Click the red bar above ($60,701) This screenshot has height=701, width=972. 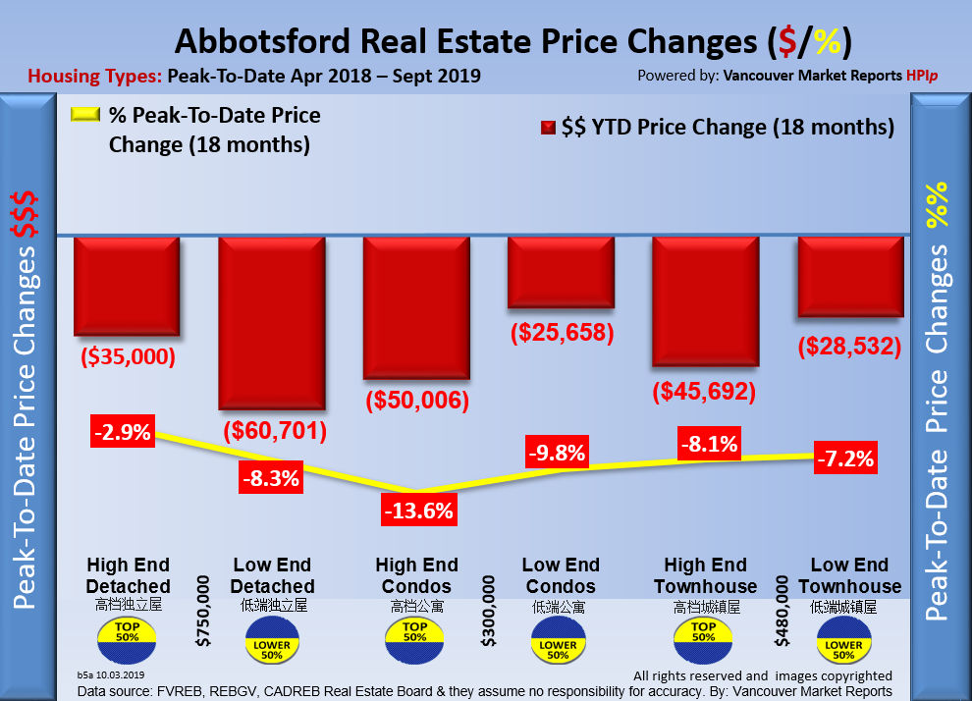271,322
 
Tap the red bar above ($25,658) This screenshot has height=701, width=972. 561,273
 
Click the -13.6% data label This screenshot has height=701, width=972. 416,510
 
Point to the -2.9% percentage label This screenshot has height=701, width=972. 123,432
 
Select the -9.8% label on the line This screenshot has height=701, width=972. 557,454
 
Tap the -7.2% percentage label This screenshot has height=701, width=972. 845,458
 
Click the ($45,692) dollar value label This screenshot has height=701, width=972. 704,392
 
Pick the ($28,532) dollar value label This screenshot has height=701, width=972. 849,346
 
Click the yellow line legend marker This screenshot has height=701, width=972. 84,115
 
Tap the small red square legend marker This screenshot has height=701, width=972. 548,128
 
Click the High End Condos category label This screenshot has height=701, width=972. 416,576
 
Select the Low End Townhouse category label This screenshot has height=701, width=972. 849,576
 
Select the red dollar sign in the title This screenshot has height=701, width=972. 784,42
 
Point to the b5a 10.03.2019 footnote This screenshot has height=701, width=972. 110,675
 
